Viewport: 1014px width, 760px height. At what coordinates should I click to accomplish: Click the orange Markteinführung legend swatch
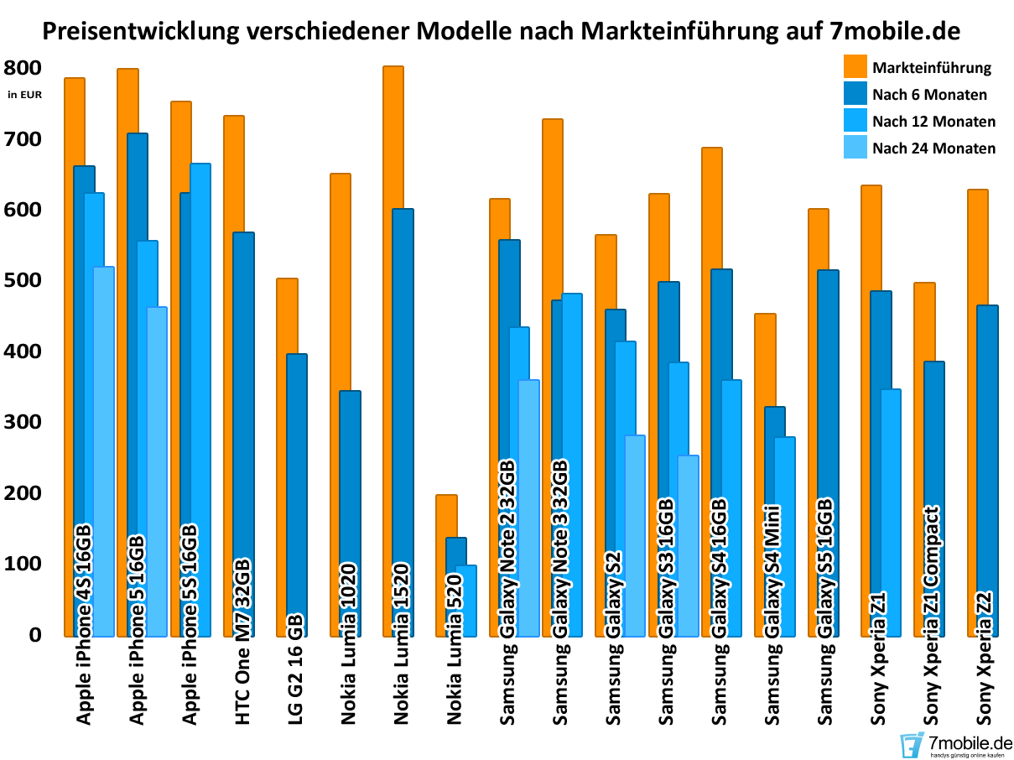855,67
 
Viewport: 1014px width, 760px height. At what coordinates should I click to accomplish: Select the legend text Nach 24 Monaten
933,148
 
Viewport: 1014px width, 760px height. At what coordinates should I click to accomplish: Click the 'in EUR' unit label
24,94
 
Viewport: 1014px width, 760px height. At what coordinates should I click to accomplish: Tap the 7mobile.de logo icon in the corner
912,743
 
